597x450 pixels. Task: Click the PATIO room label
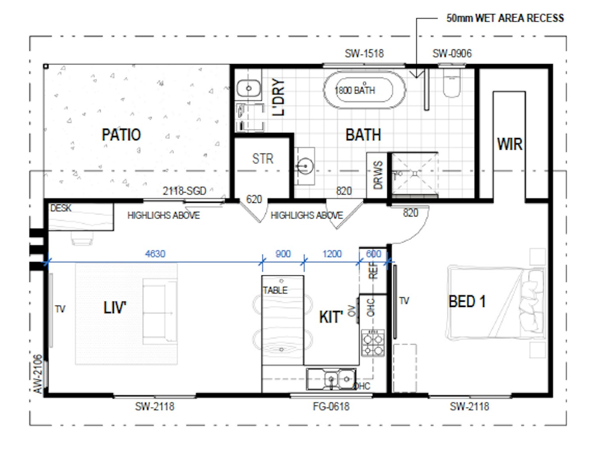(x=121, y=134)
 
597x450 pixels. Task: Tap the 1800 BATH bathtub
(x=364, y=90)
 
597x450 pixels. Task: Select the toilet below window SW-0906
(x=452, y=81)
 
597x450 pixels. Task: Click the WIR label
(x=510, y=144)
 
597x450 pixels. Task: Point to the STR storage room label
(x=262, y=158)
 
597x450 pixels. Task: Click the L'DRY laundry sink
(x=249, y=88)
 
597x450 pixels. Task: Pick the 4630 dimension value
(x=155, y=254)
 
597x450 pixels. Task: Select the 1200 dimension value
(x=332, y=254)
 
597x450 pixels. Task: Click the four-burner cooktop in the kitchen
(x=373, y=343)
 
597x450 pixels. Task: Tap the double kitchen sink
(x=331, y=379)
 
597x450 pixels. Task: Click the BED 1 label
(x=467, y=301)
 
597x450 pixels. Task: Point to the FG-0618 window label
(x=331, y=406)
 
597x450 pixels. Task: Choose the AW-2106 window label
(x=38, y=374)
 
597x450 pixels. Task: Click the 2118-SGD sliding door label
(x=184, y=191)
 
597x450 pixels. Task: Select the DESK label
(x=61, y=208)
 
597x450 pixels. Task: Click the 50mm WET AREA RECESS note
(x=505, y=18)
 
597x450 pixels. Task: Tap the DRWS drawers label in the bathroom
(x=378, y=175)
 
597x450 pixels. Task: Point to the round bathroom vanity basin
(x=305, y=166)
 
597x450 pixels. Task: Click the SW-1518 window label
(x=364, y=53)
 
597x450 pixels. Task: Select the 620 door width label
(x=254, y=199)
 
